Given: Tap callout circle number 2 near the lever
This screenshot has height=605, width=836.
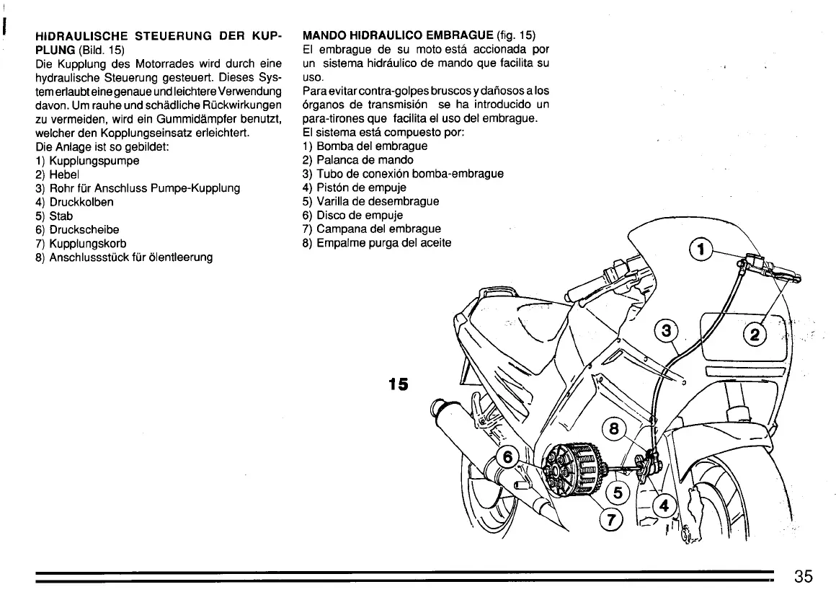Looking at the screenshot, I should click(755, 334).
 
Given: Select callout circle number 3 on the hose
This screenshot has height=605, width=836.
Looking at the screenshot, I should click(666, 332).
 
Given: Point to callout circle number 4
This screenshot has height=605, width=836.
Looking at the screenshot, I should click(664, 505).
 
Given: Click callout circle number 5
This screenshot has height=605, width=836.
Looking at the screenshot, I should click(618, 494).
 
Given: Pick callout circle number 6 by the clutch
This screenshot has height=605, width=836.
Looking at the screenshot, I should click(507, 457).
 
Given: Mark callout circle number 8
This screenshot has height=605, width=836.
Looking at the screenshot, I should click(614, 430).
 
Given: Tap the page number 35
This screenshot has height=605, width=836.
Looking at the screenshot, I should click(804, 576).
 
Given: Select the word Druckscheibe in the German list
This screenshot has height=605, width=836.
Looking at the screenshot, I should click(84, 229).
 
